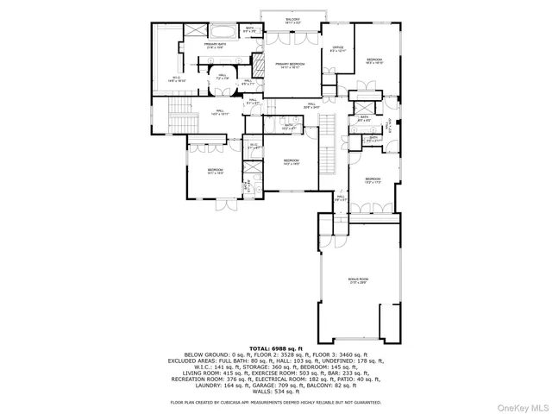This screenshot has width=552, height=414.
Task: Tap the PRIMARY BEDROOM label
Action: coord(293,66)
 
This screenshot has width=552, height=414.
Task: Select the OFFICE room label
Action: coord(337,47)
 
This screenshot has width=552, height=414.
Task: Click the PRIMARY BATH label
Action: coord(215,46)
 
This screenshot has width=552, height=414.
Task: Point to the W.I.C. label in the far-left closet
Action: coord(175,78)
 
